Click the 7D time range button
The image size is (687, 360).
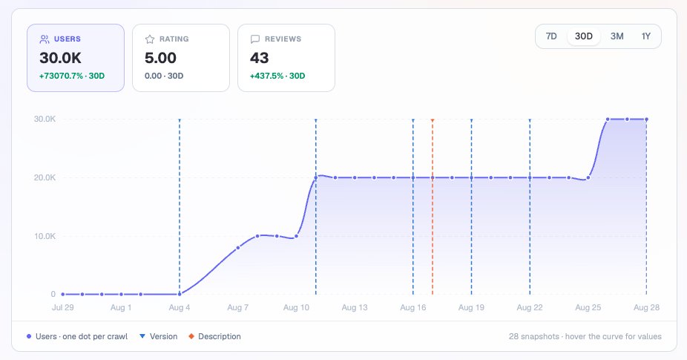click(x=551, y=36)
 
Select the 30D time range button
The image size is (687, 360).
click(x=584, y=36)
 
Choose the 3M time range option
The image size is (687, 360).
click(x=617, y=36)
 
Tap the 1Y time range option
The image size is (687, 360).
click(x=645, y=36)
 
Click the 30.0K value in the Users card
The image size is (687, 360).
click(x=60, y=58)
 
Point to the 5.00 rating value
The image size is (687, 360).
click(x=160, y=58)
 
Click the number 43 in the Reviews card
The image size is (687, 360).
click(x=260, y=58)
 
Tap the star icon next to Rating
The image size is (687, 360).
click(x=150, y=39)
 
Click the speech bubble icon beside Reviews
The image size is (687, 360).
click(x=255, y=39)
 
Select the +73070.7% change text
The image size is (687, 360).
click(x=61, y=76)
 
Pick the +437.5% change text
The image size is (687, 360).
click(x=267, y=76)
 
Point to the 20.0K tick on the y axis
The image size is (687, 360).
click(x=45, y=177)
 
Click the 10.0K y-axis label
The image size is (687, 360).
click(x=45, y=236)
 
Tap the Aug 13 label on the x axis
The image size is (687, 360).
click(x=355, y=307)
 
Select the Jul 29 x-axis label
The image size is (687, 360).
click(x=62, y=307)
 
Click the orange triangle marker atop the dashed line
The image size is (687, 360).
click(x=433, y=120)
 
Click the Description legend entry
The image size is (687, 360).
click(x=214, y=336)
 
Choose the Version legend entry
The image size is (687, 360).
click(x=159, y=336)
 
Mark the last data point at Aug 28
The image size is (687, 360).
click(x=646, y=120)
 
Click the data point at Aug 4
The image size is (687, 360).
click(x=180, y=294)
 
